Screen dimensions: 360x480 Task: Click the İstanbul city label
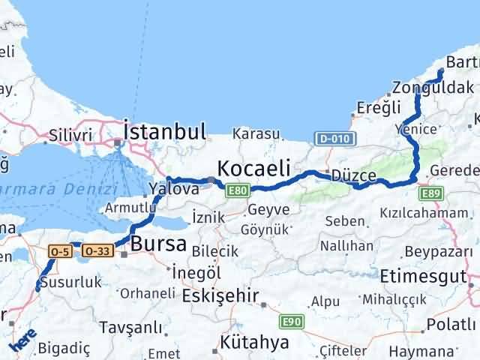tap(164, 132)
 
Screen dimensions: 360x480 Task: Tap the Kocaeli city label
tap(253, 167)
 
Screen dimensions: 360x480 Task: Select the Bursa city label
tap(159, 243)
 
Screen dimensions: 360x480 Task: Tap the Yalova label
tap(173, 189)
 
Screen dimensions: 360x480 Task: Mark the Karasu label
tap(256, 134)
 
